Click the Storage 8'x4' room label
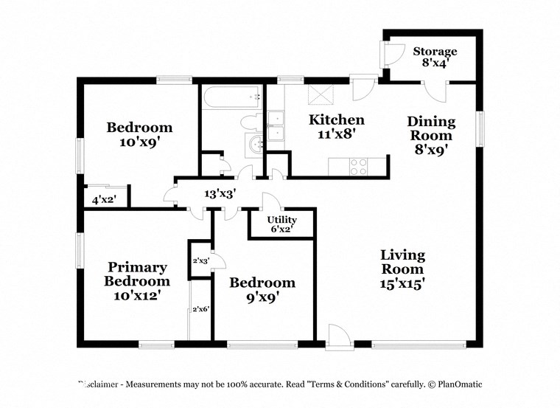[x=435, y=58]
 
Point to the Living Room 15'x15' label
[x=402, y=269]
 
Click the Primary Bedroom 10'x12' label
[x=137, y=280]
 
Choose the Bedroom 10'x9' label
[x=139, y=134]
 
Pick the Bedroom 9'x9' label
[x=262, y=290]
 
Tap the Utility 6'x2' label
[x=281, y=224]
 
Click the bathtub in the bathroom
[x=231, y=96]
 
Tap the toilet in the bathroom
[x=251, y=122]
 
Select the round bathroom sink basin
[x=256, y=144]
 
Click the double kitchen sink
[x=276, y=126]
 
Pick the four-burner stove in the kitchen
[x=359, y=167]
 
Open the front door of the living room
[x=340, y=336]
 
